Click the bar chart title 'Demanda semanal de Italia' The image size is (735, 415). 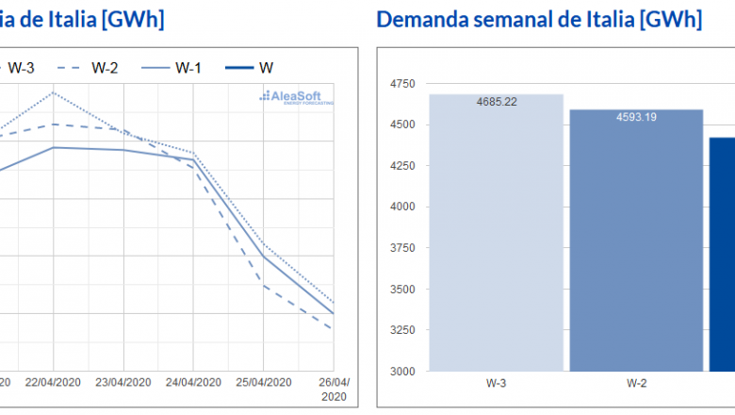tap(539, 20)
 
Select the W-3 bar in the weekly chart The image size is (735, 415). tap(496, 236)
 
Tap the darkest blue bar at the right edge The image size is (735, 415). tap(722, 255)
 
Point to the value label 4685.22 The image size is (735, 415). tap(497, 100)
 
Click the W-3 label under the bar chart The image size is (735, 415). tap(496, 384)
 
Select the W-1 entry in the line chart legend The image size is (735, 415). tap(177, 67)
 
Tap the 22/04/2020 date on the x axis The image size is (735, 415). tap(53, 382)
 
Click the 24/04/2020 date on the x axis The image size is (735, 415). tap(193, 382)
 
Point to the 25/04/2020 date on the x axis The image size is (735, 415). tap(264, 382)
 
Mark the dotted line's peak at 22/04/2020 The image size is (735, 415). tap(54, 92)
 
